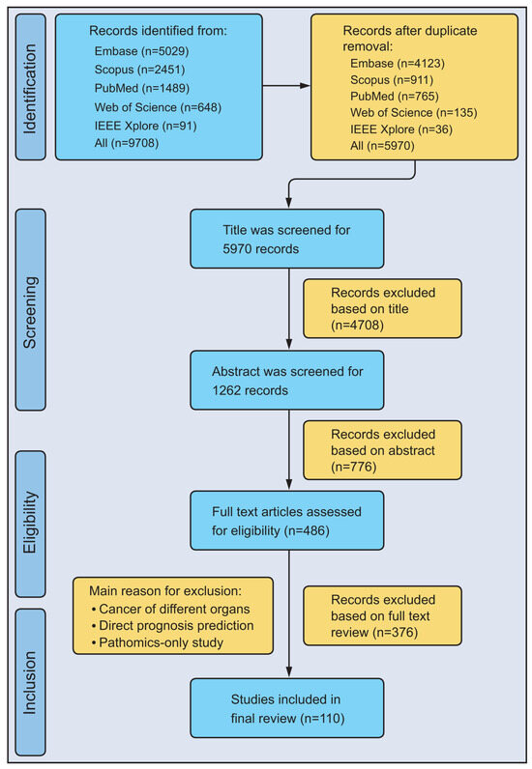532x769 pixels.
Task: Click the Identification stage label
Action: tap(30, 87)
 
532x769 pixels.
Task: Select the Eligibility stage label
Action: tap(30, 524)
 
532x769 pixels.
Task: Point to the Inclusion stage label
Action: tap(30, 682)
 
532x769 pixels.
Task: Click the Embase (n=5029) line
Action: tap(141, 51)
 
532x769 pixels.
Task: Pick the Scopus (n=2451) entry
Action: tap(139, 70)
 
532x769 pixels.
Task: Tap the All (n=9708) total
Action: tap(127, 143)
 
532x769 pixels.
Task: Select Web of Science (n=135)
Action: tap(414, 113)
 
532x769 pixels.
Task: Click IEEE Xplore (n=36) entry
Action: tap(401, 129)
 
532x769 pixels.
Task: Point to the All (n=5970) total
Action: tap(382, 146)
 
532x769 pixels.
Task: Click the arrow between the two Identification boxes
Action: tap(286, 86)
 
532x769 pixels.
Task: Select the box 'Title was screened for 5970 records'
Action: tap(287, 239)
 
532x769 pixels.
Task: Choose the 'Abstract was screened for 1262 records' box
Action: tap(287, 380)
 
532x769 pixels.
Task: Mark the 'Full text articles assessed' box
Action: tap(287, 521)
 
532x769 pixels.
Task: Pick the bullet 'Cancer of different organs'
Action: tap(170, 610)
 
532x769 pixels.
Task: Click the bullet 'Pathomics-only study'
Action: tap(158, 642)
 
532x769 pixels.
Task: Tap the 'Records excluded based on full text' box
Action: tap(382, 615)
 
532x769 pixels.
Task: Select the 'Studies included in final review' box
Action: tap(287, 708)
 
